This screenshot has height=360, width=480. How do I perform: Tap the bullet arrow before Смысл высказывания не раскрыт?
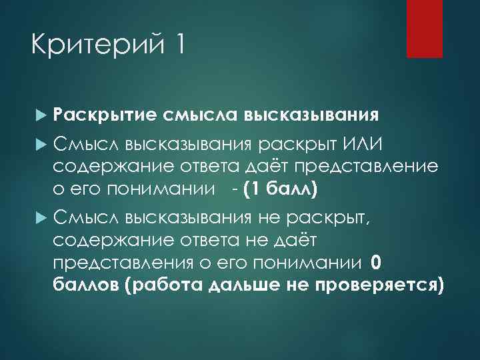click(41, 217)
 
